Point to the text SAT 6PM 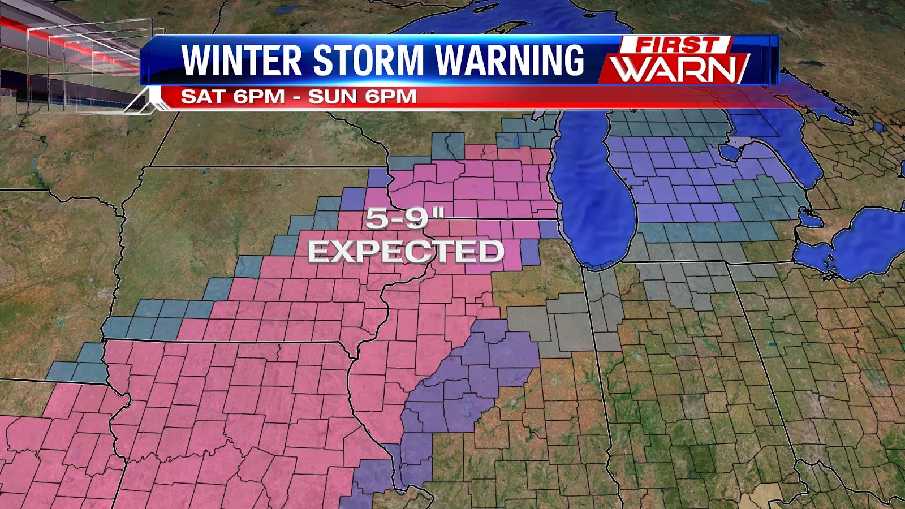232,96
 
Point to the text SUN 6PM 363,96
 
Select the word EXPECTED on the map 406,252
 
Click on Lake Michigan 594,198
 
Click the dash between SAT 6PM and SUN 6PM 296,97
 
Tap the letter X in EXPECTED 347,252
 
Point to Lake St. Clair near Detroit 810,218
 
